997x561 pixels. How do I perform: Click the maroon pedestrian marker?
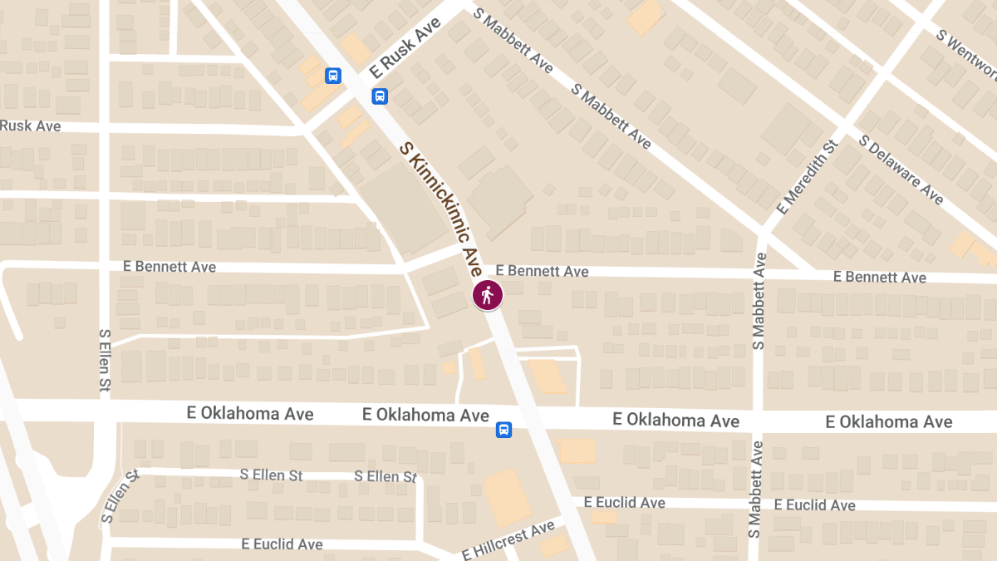(x=488, y=295)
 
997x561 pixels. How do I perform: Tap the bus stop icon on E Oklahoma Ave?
(x=503, y=430)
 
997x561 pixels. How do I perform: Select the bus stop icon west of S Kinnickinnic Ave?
(x=333, y=76)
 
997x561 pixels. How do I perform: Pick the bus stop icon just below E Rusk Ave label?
(x=380, y=96)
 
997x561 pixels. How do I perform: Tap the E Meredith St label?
(x=805, y=175)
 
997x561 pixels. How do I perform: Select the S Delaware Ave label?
(x=901, y=170)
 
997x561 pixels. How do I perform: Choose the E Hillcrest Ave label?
(x=508, y=540)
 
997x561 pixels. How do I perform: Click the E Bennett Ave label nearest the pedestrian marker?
(x=542, y=271)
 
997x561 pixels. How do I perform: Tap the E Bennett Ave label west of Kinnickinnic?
(x=169, y=267)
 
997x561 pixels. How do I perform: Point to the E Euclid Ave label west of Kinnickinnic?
(x=282, y=544)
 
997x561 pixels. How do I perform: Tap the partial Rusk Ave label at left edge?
(x=31, y=125)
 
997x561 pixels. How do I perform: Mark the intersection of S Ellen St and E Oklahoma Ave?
(x=106, y=411)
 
